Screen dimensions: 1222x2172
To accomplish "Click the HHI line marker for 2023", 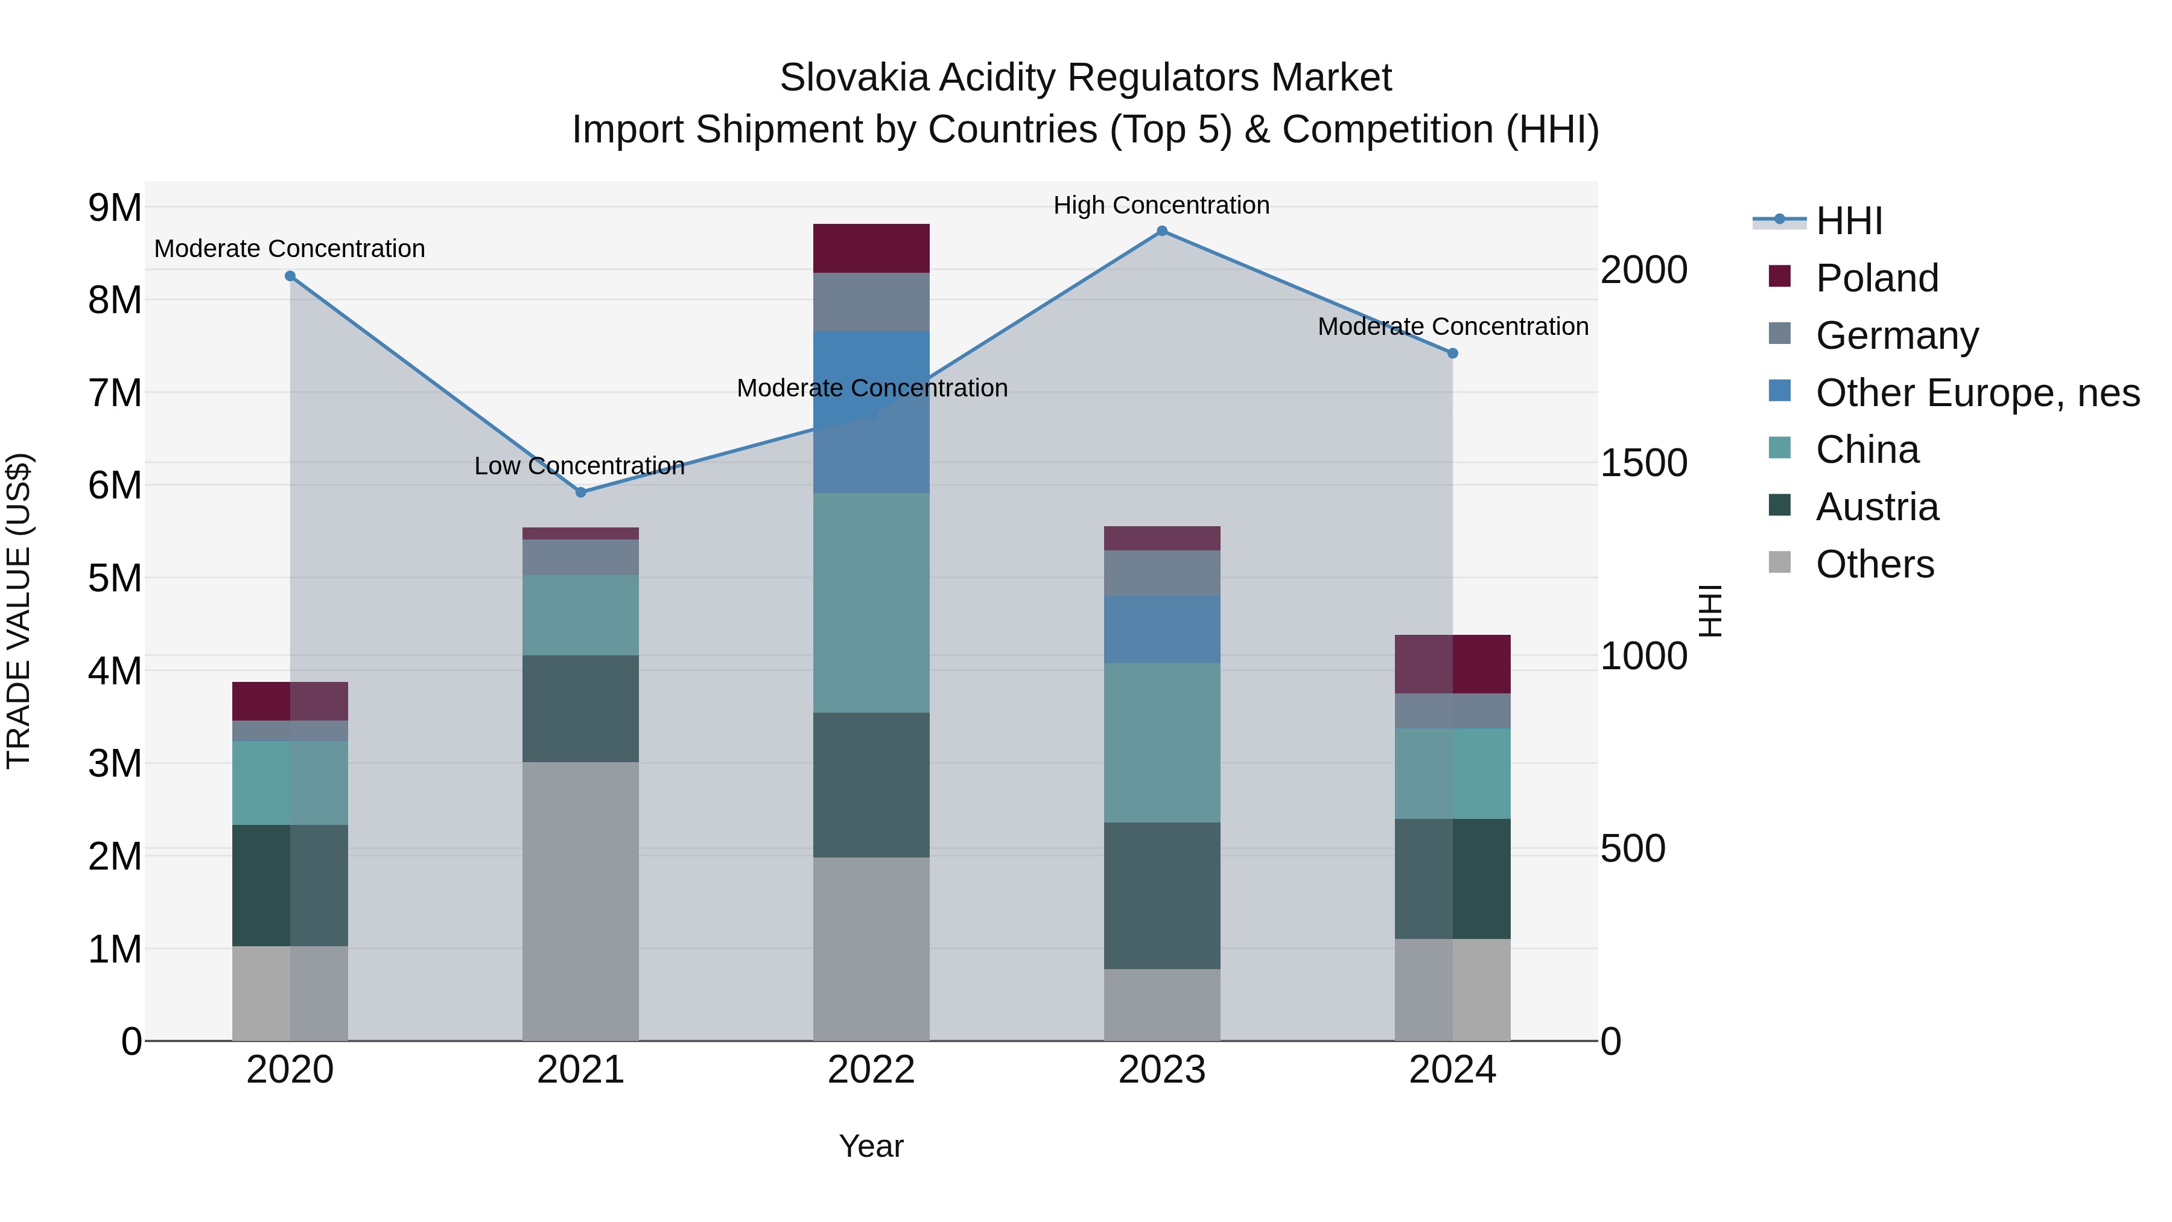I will pos(1162,231).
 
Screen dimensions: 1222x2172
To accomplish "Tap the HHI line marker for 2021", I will pos(581,492).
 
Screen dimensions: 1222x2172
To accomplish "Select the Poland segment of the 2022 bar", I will pos(871,249).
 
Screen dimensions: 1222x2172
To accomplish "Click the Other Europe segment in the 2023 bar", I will pos(1162,630).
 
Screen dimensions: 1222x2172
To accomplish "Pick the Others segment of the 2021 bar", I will pos(581,901).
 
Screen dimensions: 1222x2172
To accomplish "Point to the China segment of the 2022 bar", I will pos(871,603).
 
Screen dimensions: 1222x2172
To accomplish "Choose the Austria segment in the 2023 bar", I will pos(1162,896).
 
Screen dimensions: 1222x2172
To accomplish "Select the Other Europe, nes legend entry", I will pos(1977,393).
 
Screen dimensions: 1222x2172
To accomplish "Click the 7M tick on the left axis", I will pos(115,393).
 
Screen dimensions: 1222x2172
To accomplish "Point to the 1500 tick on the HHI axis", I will pos(1643,463).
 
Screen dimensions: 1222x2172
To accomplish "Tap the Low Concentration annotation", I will pos(579,465).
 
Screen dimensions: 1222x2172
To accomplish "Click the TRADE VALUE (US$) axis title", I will pos(19,611).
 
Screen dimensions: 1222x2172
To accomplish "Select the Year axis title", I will pos(871,1146).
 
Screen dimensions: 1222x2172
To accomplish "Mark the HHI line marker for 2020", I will pos(290,276).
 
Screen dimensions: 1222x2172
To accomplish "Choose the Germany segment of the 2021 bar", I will pos(581,558).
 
